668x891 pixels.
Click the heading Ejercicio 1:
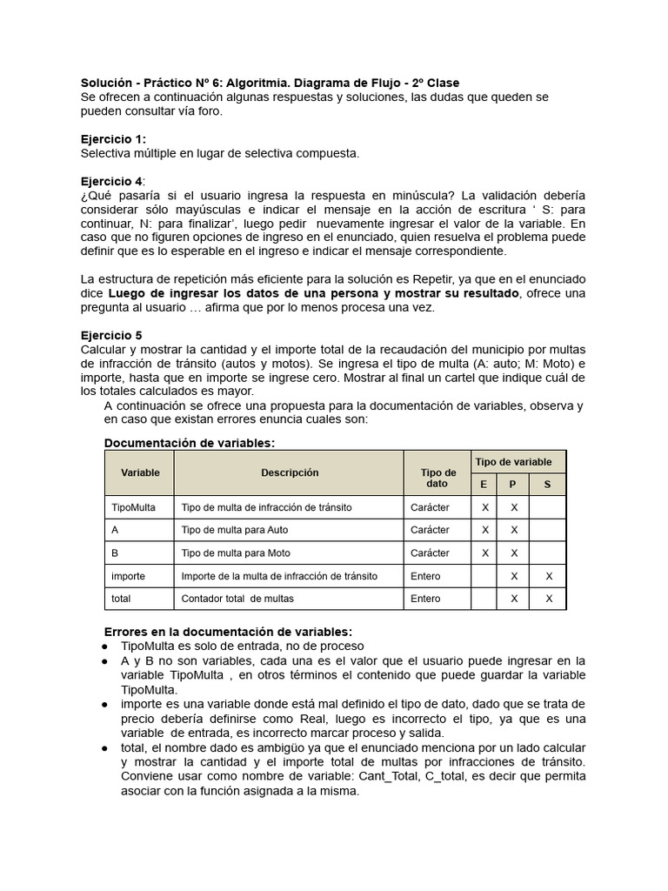click(x=113, y=139)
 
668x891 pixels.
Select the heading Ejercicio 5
click(x=111, y=335)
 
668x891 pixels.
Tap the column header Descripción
click(x=290, y=472)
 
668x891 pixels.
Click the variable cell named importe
click(x=129, y=576)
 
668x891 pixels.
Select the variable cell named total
click(x=122, y=599)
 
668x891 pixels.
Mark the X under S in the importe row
click(x=548, y=576)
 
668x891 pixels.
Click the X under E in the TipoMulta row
click(x=485, y=507)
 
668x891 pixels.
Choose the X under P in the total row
click(x=514, y=599)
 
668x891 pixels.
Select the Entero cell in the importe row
click(x=425, y=576)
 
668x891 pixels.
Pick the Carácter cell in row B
click(x=430, y=553)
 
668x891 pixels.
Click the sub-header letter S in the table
click(x=547, y=485)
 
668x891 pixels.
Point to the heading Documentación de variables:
click(x=189, y=443)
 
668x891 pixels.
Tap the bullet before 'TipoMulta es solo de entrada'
click(x=105, y=646)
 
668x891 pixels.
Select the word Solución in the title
click(x=109, y=83)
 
